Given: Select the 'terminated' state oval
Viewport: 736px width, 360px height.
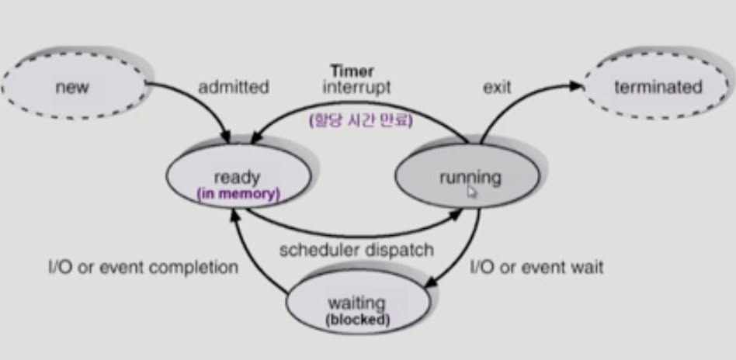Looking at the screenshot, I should [x=656, y=87].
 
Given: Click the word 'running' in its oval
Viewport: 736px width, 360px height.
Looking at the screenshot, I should [x=470, y=178].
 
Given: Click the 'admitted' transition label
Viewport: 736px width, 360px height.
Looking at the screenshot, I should [x=233, y=88].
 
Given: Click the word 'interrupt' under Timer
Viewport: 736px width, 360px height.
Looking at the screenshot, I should [x=356, y=87].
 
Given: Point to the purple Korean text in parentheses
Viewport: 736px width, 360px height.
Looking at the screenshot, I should [x=358, y=121].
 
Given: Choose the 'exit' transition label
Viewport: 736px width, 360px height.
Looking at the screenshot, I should [x=496, y=87].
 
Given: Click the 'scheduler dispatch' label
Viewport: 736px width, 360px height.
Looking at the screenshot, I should [x=356, y=251].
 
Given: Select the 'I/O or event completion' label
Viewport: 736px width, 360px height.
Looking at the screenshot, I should [x=143, y=268].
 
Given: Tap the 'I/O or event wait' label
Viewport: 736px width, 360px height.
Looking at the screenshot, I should [x=537, y=268].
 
